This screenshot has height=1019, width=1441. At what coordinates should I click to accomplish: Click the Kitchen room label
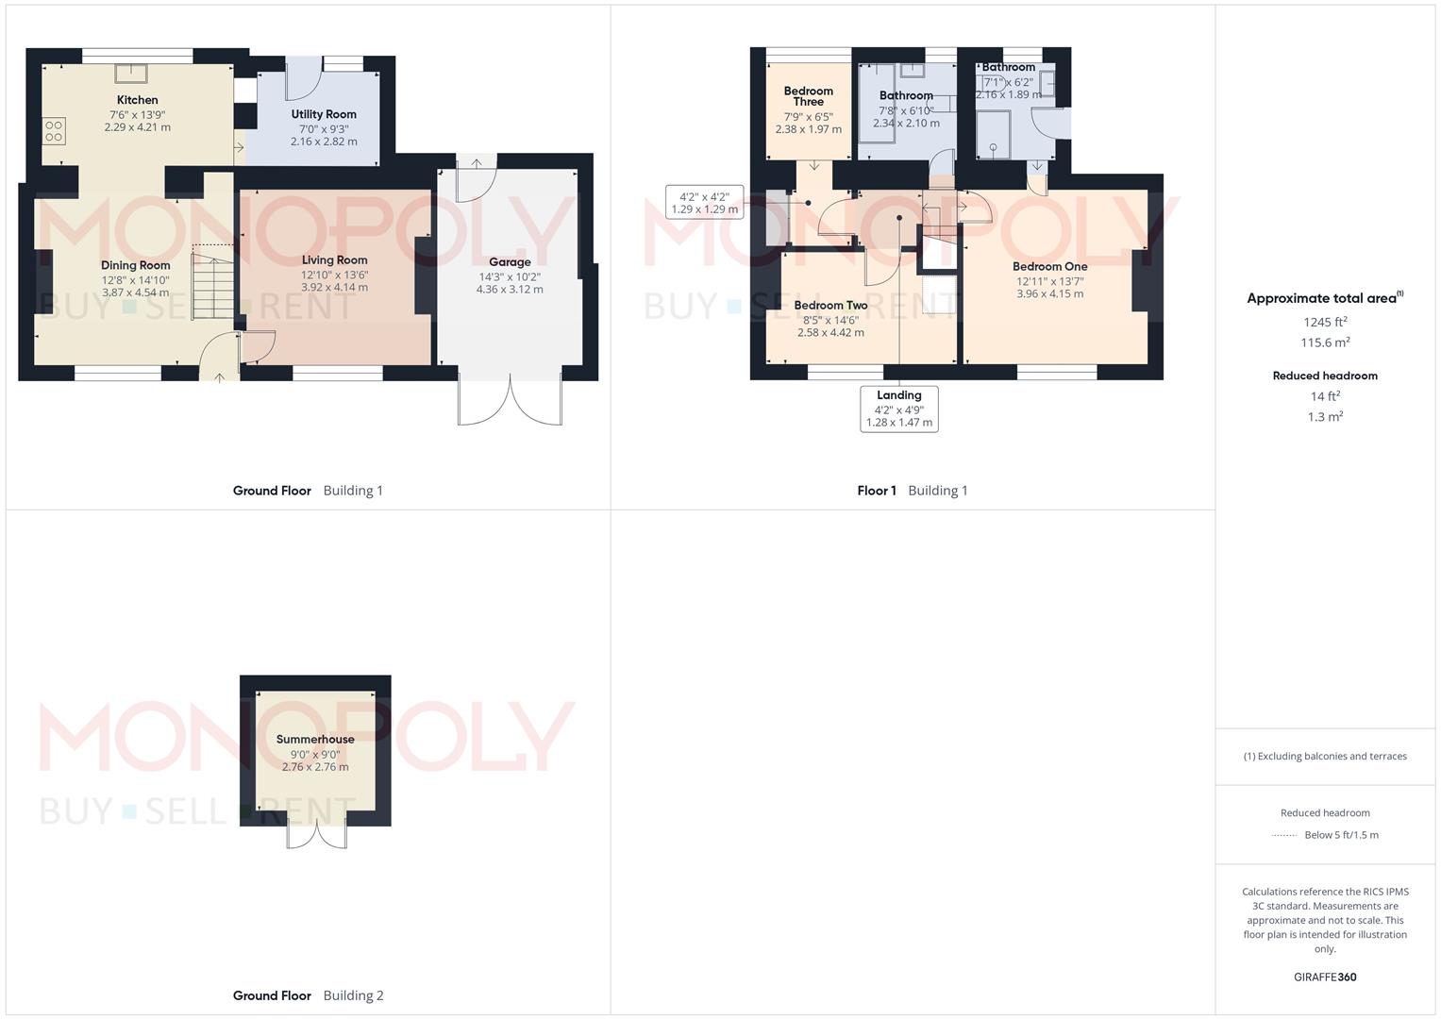(x=137, y=100)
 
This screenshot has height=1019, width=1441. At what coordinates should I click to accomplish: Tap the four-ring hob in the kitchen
(x=54, y=131)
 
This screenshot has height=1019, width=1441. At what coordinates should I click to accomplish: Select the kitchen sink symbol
(x=131, y=74)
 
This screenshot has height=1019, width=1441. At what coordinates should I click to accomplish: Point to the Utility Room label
(x=324, y=114)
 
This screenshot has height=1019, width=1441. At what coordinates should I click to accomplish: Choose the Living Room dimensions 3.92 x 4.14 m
(x=334, y=287)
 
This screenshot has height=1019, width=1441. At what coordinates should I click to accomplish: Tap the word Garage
(x=510, y=262)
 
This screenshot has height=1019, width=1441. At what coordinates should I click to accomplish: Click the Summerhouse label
(x=315, y=739)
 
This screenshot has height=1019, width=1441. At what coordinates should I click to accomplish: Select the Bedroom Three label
(x=808, y=96)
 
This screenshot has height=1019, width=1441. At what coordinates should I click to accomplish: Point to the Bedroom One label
(x=1050, y=266)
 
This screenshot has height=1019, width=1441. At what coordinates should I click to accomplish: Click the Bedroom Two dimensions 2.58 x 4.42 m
(x=830, y=332)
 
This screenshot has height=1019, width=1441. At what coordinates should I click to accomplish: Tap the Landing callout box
(x=899, y=409)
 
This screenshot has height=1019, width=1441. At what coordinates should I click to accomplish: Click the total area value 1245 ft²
(x=1325, y=322)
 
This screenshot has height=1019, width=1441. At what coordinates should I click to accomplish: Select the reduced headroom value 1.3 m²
(x=1325, y=417)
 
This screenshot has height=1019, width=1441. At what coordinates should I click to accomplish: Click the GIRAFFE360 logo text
(x=1325, y=977)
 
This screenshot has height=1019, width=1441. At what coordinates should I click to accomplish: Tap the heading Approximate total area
(x=1325, y=298)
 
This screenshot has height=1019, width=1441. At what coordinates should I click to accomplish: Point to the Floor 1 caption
(x=876, y=491)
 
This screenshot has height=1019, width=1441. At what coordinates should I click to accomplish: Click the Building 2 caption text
(x=353, y=995)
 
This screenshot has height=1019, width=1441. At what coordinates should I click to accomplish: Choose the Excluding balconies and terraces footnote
(x=1325, y=757)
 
